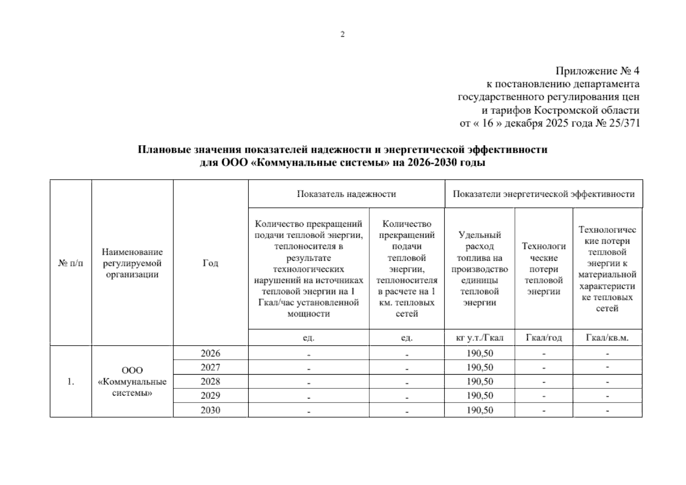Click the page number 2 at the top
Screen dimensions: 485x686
(343, 34)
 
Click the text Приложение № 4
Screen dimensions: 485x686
(597, 71)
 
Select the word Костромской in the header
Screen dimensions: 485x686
(561, 110)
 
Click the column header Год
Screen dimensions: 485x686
(210, 263)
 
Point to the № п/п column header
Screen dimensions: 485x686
(71, 263)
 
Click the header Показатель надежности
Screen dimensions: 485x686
(346, 194)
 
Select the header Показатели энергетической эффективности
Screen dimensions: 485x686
(544, 194)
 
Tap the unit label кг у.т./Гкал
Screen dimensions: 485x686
(479, 338)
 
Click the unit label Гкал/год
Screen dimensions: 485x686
(544, 338)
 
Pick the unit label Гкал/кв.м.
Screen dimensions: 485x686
(607, 338)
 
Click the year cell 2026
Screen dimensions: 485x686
(210, 353)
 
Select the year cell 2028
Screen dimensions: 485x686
(210, 382)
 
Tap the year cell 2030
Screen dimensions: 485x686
(210, 410)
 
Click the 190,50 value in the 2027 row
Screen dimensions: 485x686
(480, 367)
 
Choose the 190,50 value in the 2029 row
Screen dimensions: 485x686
(480, 396)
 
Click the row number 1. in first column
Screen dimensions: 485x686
(71, 382)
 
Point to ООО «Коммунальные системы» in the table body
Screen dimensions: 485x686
(132, 382)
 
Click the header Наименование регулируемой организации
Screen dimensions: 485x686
(132, 263)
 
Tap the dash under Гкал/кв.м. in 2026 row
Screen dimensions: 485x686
(607, 354)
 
